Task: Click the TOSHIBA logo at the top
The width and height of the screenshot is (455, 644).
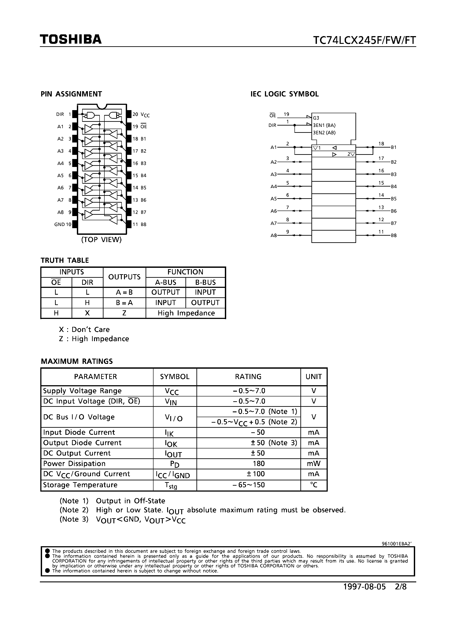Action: tap(70, 40)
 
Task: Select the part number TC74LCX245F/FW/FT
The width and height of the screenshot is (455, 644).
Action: tap(364, 41)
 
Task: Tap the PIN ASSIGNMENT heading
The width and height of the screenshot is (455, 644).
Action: tap(71, 94)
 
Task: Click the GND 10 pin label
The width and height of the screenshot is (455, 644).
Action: tap(63, 224)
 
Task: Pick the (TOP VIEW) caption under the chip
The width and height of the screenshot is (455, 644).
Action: tap(101, 240)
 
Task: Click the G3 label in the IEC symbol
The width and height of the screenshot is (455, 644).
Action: tap(316, 118)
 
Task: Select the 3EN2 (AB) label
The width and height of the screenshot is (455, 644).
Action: tap(324, 133)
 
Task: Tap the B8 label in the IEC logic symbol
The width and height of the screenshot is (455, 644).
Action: tap(394, 236)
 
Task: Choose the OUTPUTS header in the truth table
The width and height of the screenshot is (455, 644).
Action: tap(124, 277)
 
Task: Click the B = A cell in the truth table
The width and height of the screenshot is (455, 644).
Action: tap(124, 303)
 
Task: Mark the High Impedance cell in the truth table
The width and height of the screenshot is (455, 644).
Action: tap(186, 313)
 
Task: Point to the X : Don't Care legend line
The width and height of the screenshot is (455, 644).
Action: tap(84, 329)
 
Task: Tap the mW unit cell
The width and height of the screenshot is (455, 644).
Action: tap(314, 464)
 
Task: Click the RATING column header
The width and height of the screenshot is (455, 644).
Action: tap(248, 377)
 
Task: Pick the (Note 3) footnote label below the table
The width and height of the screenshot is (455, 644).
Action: tap(74, 519)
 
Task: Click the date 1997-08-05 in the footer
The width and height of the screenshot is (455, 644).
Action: tap(364, 587)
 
